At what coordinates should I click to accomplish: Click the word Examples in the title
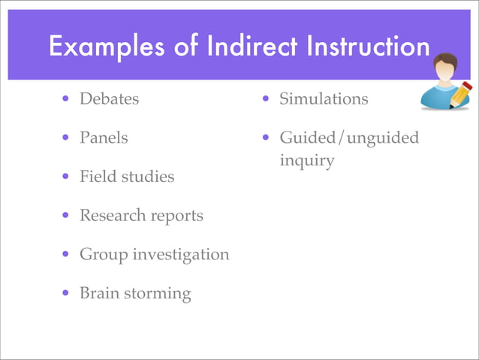point(100,47)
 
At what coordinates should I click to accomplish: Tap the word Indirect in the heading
point(242,47)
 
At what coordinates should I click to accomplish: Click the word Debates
point(110,99)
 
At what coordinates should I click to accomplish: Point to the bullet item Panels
point(104,138)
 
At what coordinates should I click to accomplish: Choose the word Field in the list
point(96,177)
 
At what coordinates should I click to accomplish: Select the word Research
point(110,216)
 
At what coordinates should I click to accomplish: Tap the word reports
point(175,216)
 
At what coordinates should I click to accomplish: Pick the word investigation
point(181,255)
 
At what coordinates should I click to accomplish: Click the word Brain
point(98,293)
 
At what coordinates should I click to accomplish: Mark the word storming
point(158,294)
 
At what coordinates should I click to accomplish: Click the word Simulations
point(324,99)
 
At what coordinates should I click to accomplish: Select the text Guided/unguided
point(349,138)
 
